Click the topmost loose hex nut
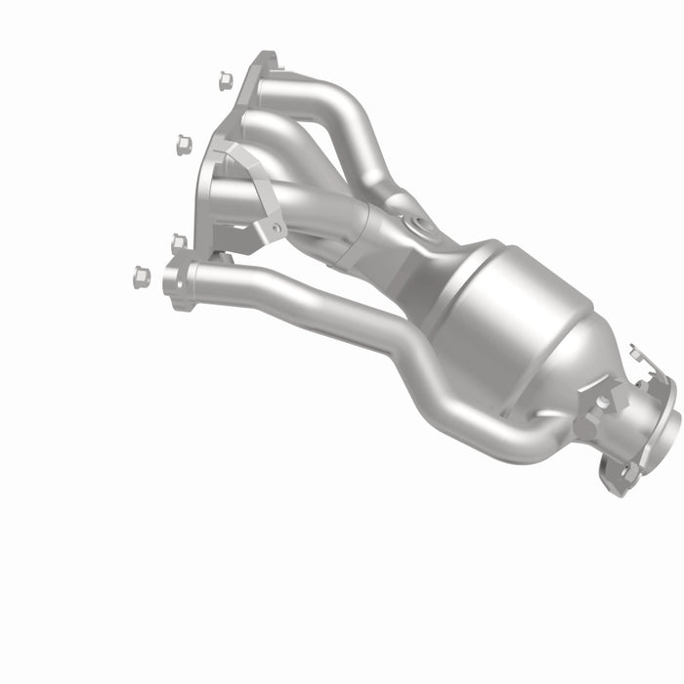tap(223, 78)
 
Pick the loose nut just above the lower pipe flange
tap(179, 242)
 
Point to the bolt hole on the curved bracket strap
tap(277, 229)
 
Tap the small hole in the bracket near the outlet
tap(603, 401)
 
